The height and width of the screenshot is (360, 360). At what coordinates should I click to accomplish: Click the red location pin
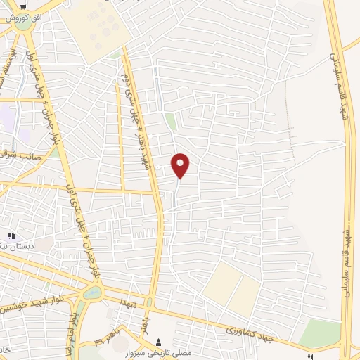pyautogui.click(x=181, y=165)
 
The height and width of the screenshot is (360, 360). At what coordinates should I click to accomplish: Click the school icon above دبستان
pyautogui.click(x=11, y=236)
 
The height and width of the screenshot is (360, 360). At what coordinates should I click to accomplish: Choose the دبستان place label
pyautogui.click(x=13, y=247)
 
